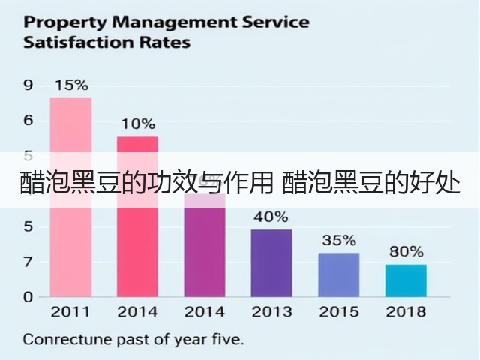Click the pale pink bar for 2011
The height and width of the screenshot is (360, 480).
tap(70, 197)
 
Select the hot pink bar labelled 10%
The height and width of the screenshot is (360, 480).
tap(137, 217)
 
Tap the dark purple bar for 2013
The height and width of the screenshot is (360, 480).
tap(271, 263)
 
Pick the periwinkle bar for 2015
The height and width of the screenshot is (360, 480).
tap(339, 275)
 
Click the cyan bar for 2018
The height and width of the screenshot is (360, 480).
tap(406, 280)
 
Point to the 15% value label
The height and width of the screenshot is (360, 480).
tap(72, 85)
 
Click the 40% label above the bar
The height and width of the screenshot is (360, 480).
tap(271, 217)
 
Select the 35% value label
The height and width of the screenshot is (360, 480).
tap(339, 240)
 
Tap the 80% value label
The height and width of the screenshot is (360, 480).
tap(406, 252)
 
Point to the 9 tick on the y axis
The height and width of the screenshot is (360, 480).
tap(28, 85)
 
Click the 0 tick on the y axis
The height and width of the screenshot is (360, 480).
tap(28, 297)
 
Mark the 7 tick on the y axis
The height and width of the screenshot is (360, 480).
tap(28, 262)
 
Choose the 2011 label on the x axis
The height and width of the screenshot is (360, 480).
tap(70, 312)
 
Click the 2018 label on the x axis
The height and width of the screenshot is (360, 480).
tap(406, 312)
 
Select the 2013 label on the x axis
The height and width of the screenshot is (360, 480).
tap(271, 312)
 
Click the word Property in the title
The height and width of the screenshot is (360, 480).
tap(65, 22)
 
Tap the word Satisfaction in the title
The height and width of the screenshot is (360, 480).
tap(79, 42)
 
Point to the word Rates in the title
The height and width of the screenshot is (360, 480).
tap(165, 42)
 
